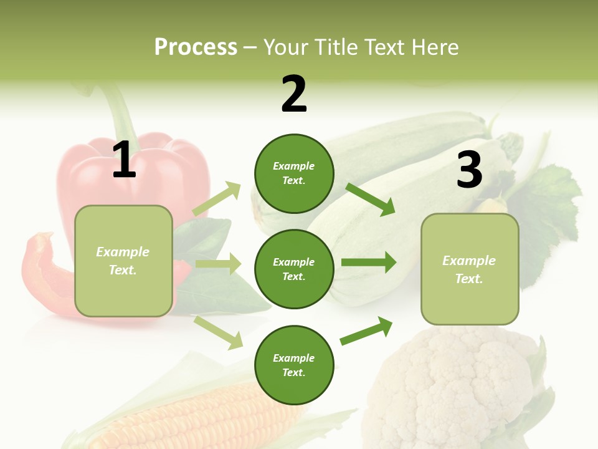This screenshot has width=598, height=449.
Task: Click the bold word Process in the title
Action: pyautogui.click(x=196, y=47)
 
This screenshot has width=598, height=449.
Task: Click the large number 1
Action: pyautogui.click(x=124, y=160)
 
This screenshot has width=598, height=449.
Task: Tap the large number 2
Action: pyautogui.click(x=294, y=94)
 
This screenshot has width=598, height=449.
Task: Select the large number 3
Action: pyautogui.click(x=469, y=170)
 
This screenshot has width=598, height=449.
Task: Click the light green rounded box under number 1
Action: pyautogui.click(x=123, y=261)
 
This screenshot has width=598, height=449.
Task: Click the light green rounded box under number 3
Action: pyautogui.click(x=470, y=269)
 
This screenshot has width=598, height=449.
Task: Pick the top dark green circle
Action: pyautogui.click(x=294, y=173)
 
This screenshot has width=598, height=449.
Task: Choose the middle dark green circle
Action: pyautogui.click(x=294, y=269)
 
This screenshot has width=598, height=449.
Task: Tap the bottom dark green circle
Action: pyautogui.click(x=294, y=365)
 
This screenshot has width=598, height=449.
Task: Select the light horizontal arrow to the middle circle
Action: pyautogui.click(x=218, y=264)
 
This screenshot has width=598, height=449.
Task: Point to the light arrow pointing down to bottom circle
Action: pyautogui.click(x=219, y=332)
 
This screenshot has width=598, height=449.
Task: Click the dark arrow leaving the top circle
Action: pyautogui.click(x=371, y=199)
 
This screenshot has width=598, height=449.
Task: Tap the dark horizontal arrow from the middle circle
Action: pyautogui.click(x=369, y=262)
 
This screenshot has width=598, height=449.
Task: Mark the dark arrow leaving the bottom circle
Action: pyautogui.click(x=367, y=331)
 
